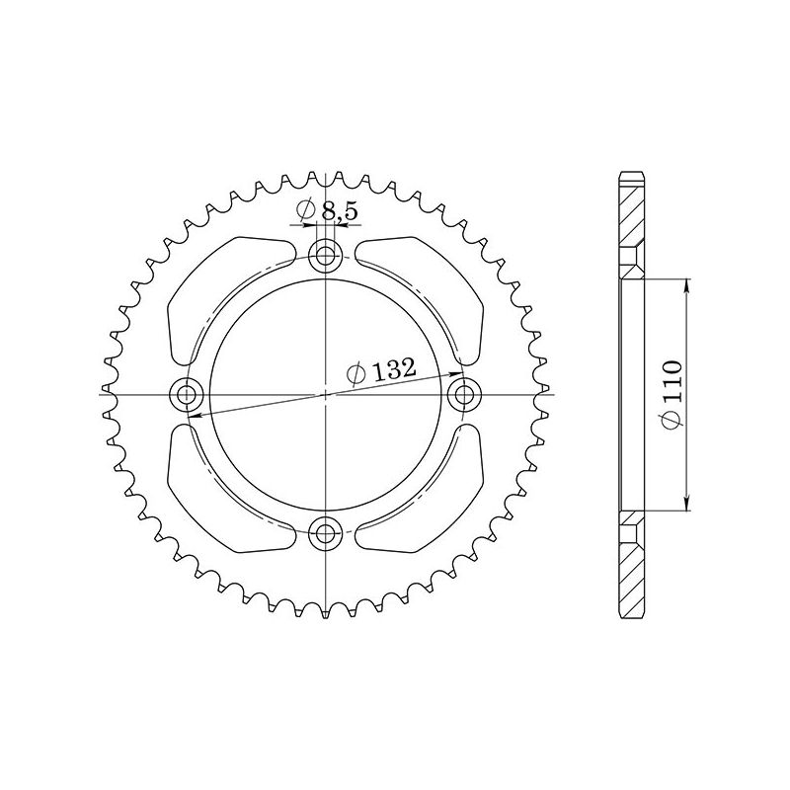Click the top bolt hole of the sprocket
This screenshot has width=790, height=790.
[324, 258]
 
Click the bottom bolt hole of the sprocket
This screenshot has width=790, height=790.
[324, 534]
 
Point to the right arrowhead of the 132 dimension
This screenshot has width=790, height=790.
[457, 374]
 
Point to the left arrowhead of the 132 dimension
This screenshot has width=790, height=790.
[191, 417]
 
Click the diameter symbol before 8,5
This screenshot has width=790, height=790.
[305, 210]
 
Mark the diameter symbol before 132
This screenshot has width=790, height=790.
[358, 373]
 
